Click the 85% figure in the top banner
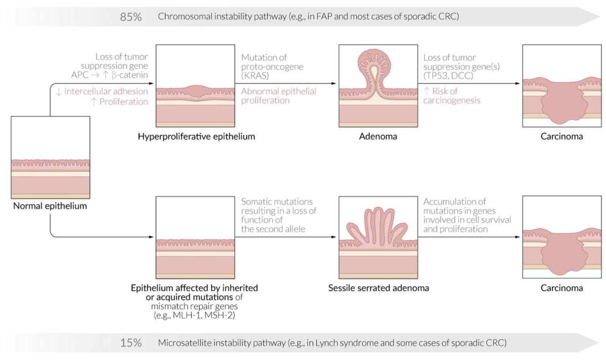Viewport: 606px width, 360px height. pos(131,17)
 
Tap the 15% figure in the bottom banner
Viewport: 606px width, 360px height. pos(131,343)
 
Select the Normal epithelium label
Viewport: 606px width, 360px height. pos(50,206)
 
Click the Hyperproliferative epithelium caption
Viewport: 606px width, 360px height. pos(195,136)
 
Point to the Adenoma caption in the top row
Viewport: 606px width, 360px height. pos(378,136)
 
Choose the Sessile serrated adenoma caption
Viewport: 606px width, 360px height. pos(378,288)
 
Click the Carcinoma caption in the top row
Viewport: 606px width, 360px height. pos(561,136)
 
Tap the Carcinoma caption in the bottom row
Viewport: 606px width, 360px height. pos(561,288)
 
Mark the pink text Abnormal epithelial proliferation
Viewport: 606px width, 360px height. pos(278,96)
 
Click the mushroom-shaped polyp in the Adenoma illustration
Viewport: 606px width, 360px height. pos(378,64)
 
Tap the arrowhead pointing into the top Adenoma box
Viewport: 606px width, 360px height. pos(335,84)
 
